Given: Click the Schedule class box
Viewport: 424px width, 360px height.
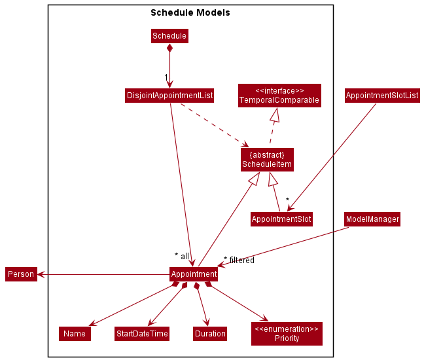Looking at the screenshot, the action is coord(169,36).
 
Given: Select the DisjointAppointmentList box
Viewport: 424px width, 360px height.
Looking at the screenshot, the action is coord(169,96).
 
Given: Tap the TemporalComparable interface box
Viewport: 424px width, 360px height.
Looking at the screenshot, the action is coord(279,96).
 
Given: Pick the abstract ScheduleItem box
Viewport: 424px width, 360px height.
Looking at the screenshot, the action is coord(267,160).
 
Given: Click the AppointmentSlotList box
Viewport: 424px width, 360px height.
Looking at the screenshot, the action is coord(382,96).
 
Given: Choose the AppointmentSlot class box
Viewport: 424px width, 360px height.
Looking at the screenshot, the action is coord(281,219).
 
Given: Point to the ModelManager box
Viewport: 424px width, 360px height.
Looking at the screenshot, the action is coord(372,219).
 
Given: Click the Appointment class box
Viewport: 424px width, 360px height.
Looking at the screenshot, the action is coord(194,274).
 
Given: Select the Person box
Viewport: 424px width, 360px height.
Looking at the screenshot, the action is coord(21,274).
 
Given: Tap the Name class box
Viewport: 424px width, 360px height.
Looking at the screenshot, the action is coord(75,334).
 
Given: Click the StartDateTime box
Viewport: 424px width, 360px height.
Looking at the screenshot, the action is coord(142,334).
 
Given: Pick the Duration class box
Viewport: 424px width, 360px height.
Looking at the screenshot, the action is coord(210,334).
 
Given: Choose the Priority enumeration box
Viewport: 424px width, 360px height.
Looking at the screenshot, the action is coord(287,334).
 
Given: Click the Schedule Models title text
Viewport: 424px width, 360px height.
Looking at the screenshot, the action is coord(190,12).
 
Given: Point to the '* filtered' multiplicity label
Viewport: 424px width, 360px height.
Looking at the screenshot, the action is coord(239,260).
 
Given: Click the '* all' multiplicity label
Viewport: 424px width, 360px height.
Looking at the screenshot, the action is coord(182,256).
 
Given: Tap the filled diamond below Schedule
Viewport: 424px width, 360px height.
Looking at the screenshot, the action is coord(169,48).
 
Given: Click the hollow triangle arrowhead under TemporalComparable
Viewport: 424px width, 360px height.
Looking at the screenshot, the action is coord(275,115).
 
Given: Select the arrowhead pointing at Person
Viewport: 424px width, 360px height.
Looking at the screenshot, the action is coord(41,274).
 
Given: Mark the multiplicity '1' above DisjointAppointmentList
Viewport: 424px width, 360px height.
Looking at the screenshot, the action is coord(166,78).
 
